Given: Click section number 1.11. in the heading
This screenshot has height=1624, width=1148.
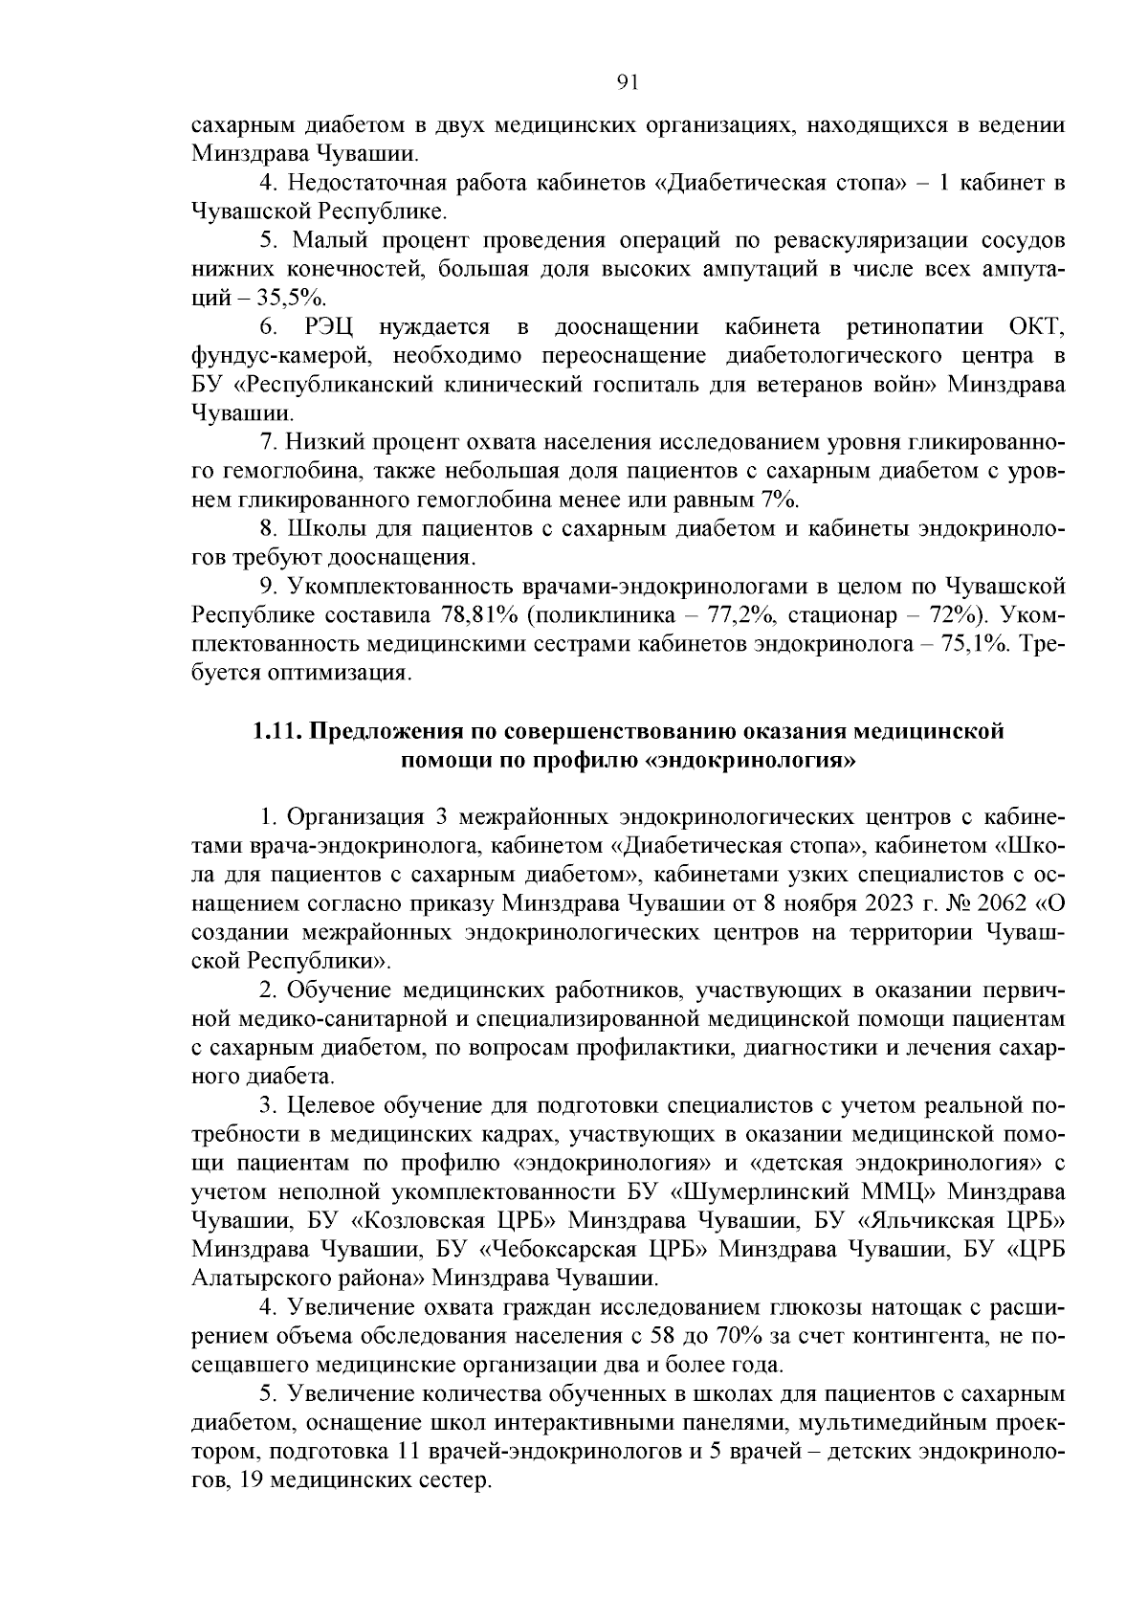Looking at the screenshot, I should click(276, 732).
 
